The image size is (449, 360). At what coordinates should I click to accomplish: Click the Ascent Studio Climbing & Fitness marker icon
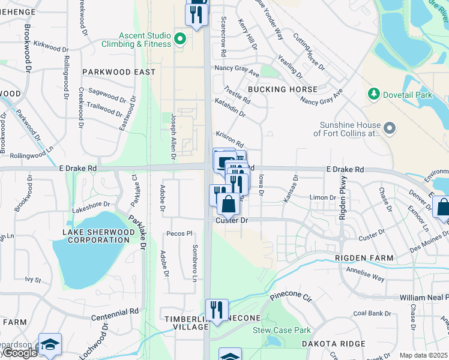(x=179, y=40)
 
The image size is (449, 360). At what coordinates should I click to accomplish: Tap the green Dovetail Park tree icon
(x=374, y=94)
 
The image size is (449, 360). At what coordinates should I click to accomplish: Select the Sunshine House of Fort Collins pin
(x=390, y=128)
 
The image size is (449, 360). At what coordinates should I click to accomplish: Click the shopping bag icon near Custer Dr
(x=228, y=204)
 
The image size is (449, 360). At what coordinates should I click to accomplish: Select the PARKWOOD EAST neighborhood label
(x=119, y=72)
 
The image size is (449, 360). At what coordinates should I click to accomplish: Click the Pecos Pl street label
(x=179, y=233)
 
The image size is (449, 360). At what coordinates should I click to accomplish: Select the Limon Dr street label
(x=322, y=197)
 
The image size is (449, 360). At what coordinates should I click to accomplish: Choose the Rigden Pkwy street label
(x=343, y=197)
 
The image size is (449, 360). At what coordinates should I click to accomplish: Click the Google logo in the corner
(x=19, y=353)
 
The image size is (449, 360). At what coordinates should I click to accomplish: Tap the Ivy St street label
(x=33, y=280)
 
